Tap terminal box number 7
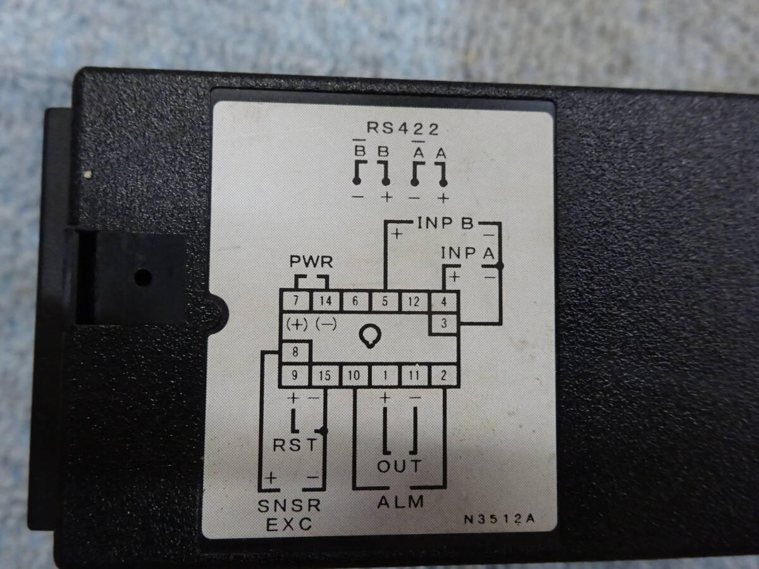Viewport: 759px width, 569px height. (295, 301)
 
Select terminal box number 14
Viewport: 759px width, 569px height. (325, 301)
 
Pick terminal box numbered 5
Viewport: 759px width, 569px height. (385, 301)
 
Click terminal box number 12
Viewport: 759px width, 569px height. (414, 301)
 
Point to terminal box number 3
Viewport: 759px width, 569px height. (444, 324)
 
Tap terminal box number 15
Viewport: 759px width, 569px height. (325, 376)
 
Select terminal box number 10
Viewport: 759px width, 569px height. (355, 376)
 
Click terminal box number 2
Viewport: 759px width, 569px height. (444, 376)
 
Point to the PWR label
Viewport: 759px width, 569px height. (311, 262)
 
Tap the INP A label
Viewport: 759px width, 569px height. (467, 254)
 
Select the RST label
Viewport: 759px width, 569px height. (294, 445)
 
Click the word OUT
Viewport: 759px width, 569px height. (399, 467)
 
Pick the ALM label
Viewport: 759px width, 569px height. (400, 503)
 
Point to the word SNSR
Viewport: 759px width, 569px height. (289, 506)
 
